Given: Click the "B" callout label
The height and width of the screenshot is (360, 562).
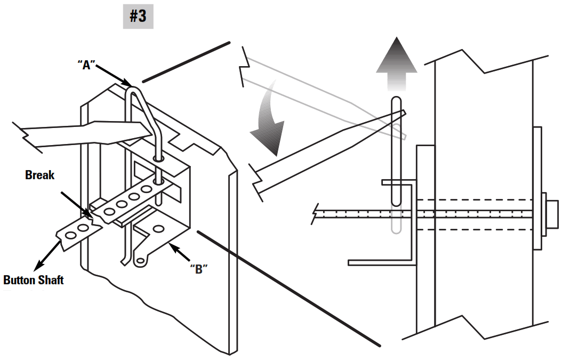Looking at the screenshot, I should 198,268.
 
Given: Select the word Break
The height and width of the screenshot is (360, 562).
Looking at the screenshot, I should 39,175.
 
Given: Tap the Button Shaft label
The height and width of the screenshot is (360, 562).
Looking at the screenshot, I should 33,279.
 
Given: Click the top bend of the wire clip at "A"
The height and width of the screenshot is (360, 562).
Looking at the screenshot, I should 133,89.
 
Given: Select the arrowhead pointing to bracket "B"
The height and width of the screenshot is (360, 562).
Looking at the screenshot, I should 172,246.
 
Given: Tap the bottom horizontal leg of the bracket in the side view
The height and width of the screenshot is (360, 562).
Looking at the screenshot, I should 381,262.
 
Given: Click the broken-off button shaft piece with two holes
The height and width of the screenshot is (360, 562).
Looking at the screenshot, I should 77,231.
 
